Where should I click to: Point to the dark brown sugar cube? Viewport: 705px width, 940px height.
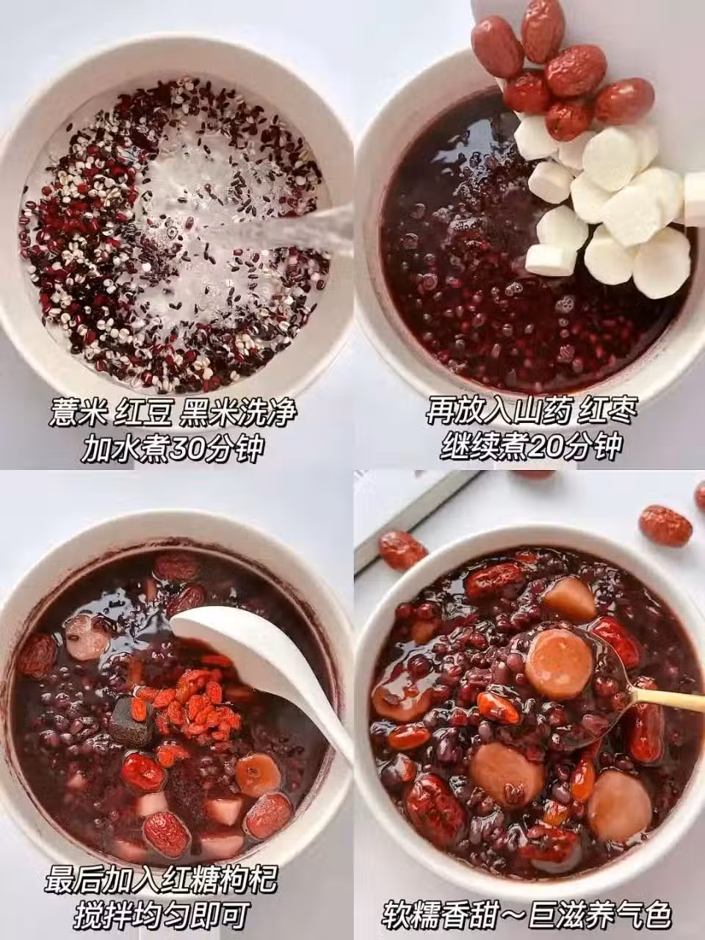point(131,720)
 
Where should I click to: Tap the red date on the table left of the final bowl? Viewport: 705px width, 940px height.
point(402,551)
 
